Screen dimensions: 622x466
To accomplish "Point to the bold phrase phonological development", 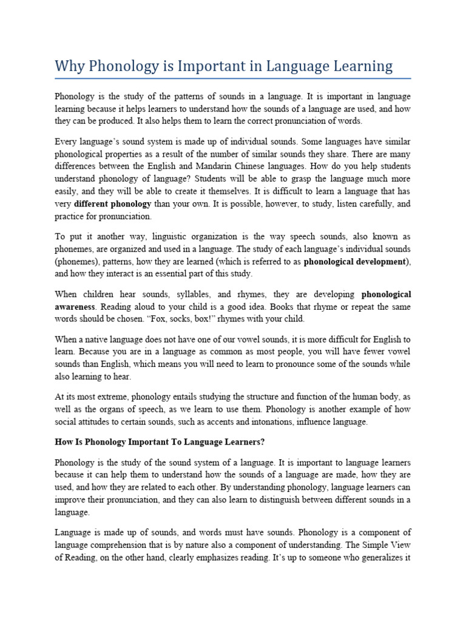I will (x=355, y=262).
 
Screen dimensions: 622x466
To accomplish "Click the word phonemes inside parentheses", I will (x=78, y=262).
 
